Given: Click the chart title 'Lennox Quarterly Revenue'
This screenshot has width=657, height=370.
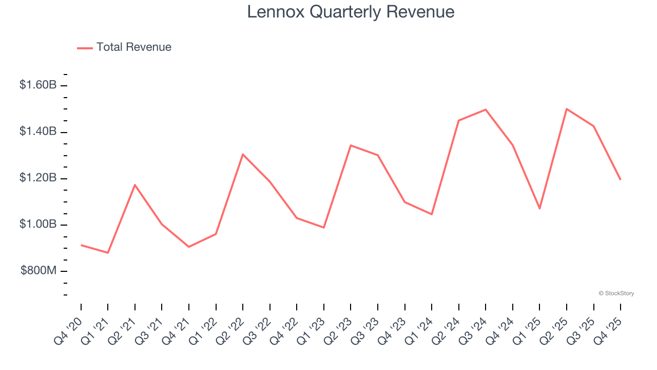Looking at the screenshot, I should (x=351, y=12).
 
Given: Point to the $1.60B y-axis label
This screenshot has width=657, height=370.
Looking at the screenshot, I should (x=38, y=85).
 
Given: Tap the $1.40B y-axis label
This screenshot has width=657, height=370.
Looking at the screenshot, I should (x=38, y=132).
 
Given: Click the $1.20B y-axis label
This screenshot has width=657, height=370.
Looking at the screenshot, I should (x=38, y=178).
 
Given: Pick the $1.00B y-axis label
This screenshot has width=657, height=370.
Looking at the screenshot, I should (x=38, y=225).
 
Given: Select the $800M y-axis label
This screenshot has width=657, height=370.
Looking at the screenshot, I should (x=38, y=271).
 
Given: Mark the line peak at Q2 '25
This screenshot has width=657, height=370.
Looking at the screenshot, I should (x=567, y=109).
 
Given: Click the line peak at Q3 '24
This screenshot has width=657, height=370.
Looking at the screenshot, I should (x=486, y=109).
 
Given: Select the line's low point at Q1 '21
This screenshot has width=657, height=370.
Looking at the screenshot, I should (x=108, y=253).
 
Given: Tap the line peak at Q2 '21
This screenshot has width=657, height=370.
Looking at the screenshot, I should (x=135, y=184).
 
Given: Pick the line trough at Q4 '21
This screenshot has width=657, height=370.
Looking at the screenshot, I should (x=189, y=247).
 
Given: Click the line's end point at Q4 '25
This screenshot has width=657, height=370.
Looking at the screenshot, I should (x=621, y=179).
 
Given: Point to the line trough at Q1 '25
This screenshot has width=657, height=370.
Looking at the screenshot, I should (x=539, y=209).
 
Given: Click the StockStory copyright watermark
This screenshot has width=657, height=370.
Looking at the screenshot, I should (x=616, y=293).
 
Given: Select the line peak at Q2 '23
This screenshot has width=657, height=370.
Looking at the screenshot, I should (x=351, y=145).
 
